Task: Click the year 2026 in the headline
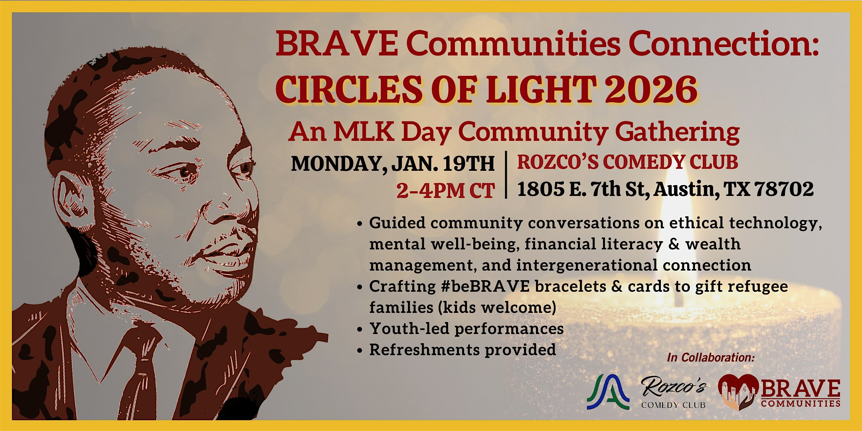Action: [x=651, y=89]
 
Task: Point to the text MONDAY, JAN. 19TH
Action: [x=393, y=163]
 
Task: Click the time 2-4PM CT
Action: [x=445, y=190]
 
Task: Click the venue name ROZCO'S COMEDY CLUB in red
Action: [x=627, y=162]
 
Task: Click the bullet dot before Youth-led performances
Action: [x=360, y=330]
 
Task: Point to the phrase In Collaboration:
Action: [x=711, y=357]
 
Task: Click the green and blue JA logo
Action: [x=608, y=392]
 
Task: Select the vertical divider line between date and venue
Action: [x=506, y=174]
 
